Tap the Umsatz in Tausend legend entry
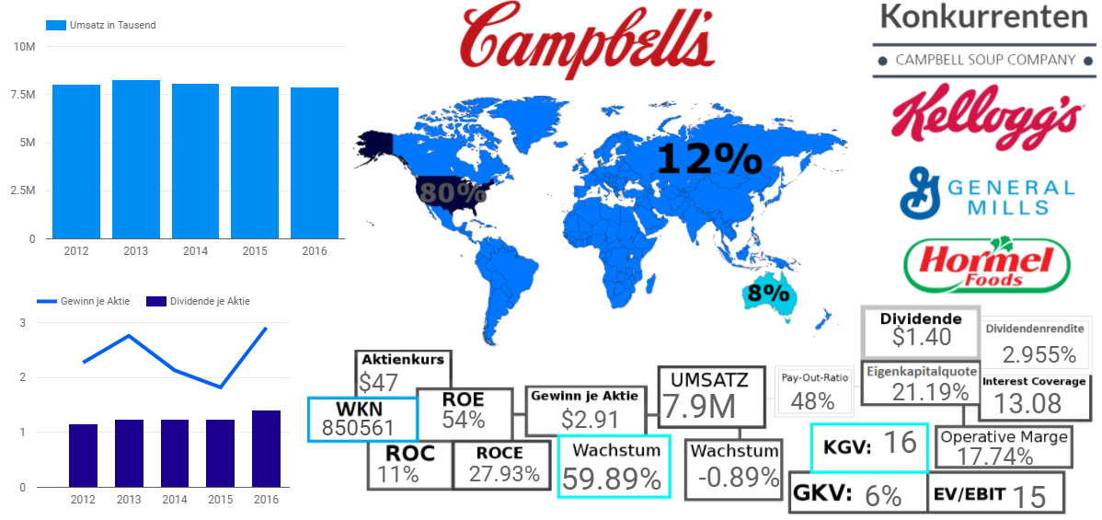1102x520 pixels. tap(111, 25)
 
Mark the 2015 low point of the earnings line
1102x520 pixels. tap(221, 387)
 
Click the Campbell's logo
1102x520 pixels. tap(588, 38)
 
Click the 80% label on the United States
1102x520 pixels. tap(452, 192)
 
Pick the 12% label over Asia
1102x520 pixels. tap(709, 160)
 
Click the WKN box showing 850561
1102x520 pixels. tap(362, 419)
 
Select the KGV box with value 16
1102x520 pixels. tap(868, 446)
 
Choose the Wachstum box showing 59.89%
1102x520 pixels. tap(613, 467)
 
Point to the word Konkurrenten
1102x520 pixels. tap(983, 16)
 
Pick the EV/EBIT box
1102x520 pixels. tap(996, 493)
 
